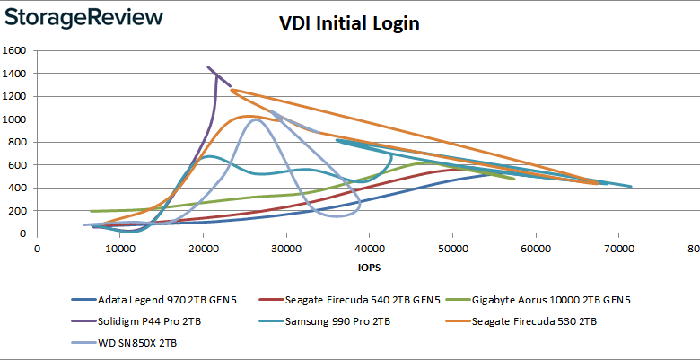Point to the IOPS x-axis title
(366, 268)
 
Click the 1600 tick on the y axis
(18, 50)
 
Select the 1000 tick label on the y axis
(18, 119)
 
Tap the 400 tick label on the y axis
(21, 188)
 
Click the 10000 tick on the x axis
(119, 248)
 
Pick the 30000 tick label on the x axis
(285, 248)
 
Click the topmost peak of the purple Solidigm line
(208, 66)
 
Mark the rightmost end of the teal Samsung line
(632, 187)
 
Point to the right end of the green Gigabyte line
(514, 179)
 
